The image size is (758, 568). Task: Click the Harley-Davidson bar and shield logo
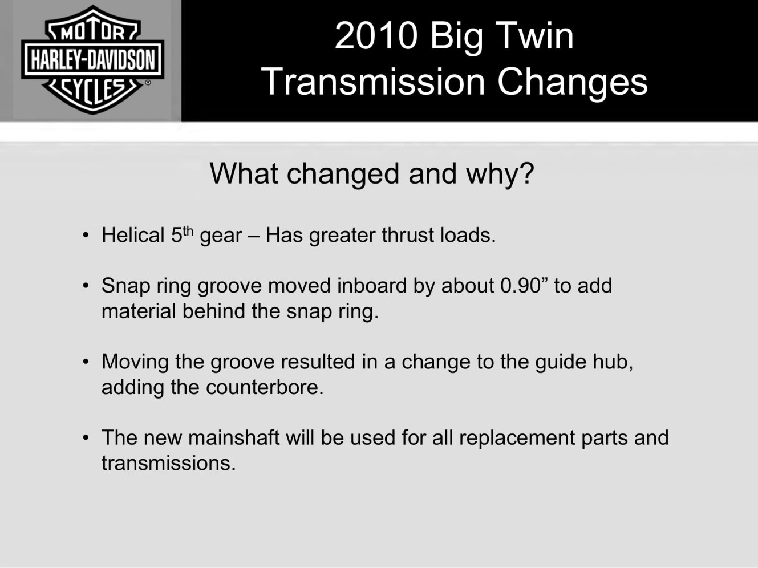point(92,59)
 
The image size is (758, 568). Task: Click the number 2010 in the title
point(376,36)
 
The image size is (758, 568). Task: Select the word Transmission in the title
point(374,82)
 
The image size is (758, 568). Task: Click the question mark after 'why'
point(527,173)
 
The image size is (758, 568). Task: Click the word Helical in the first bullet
point(133,235)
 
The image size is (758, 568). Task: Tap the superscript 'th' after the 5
point(188,230)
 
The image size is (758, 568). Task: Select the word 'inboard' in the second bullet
point(372,286)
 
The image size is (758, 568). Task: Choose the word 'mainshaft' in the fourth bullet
point(234,437)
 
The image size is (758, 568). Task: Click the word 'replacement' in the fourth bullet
point(517,439)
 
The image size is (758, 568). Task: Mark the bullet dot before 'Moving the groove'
point(86,362)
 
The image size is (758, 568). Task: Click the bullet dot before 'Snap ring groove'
point(86,286)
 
